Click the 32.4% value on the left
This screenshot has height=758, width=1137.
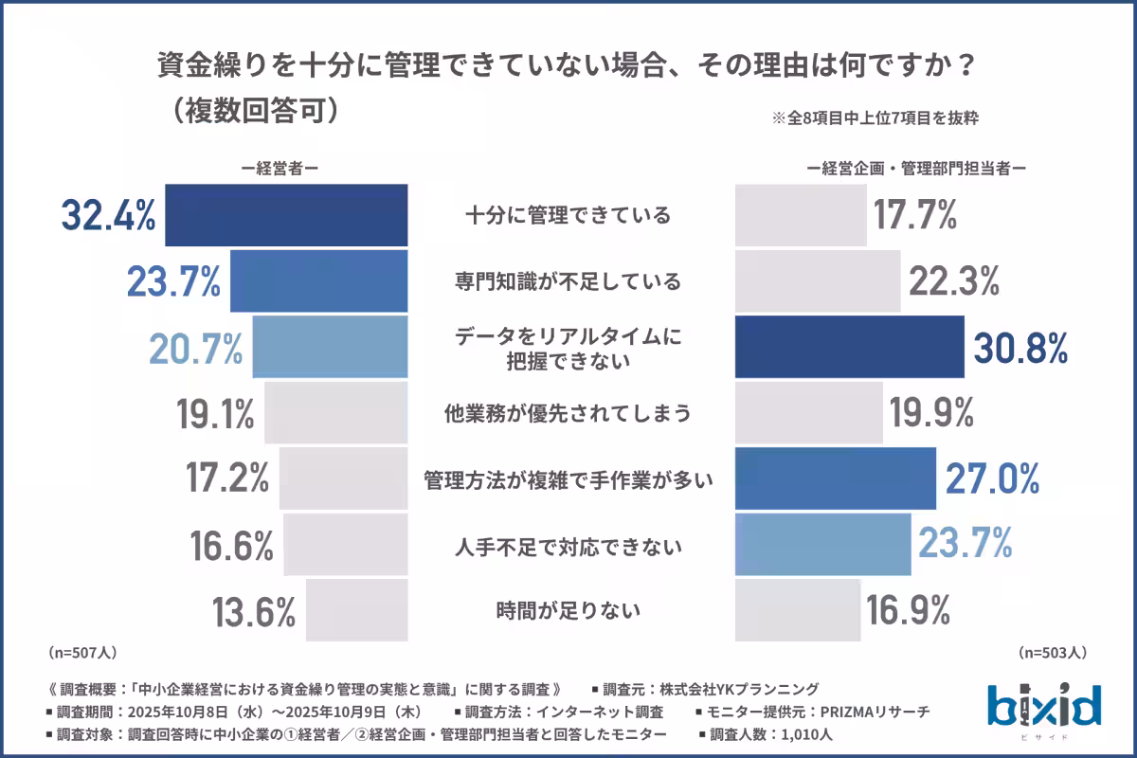coord(108,216)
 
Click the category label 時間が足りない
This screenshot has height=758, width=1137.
coord(568,610)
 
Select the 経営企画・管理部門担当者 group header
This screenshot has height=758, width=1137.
coord(917,168)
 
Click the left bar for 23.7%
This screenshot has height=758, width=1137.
coord(318,281)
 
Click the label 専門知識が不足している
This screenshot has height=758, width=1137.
coord(568,281)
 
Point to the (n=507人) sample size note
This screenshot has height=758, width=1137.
coord(81,653)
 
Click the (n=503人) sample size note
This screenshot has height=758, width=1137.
coord(1053,653)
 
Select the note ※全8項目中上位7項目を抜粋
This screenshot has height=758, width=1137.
coord(875,119)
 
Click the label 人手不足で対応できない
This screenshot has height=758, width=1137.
coord(568,547)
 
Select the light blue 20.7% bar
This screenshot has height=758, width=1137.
coord(330,348)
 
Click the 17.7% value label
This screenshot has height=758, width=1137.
coord(914,216)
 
